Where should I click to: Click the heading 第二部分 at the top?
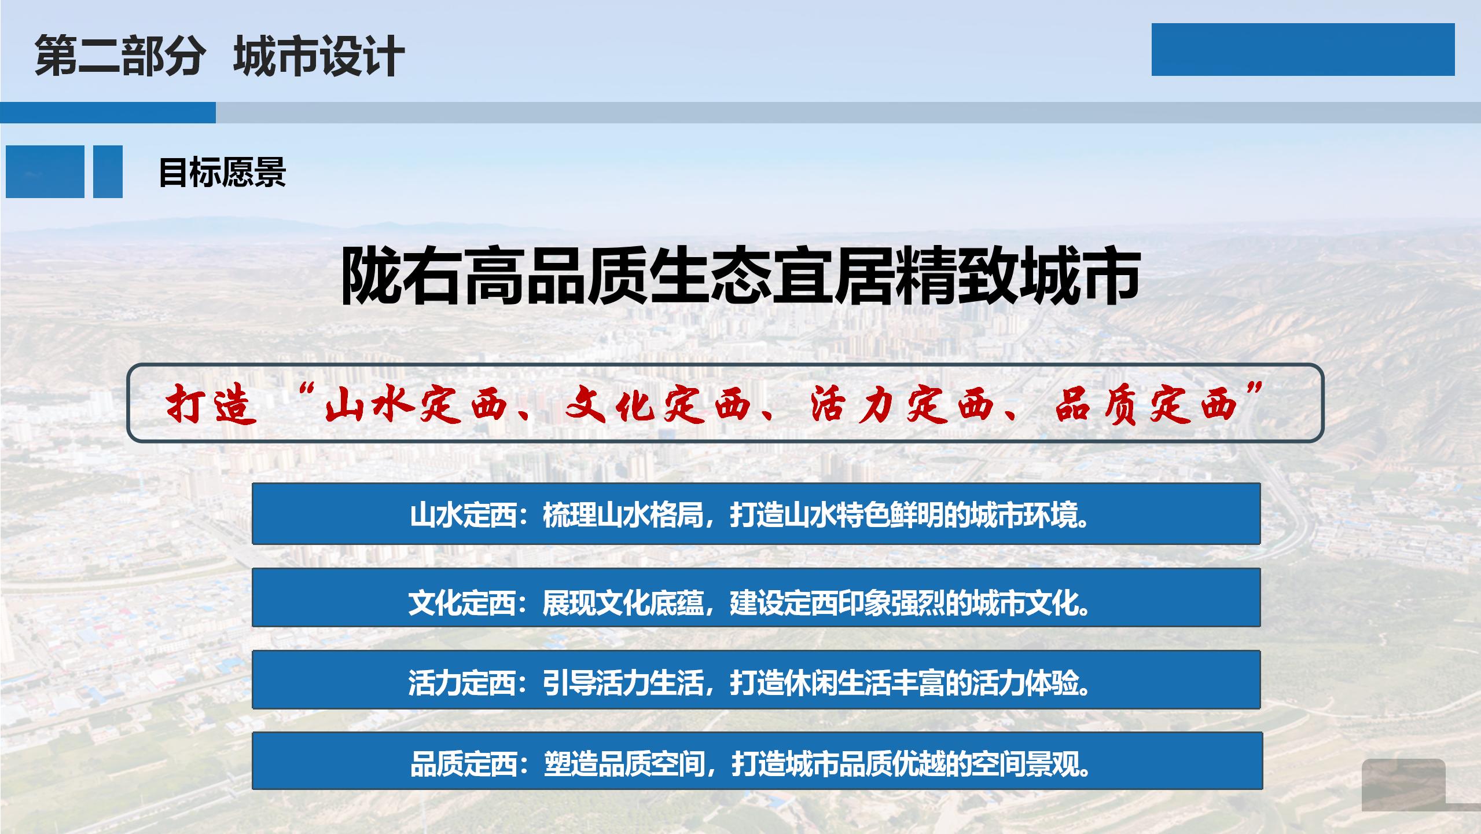[x=120, y=56]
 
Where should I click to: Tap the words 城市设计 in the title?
[x=319, y=56]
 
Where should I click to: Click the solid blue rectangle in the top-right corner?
[x=1303, y=49]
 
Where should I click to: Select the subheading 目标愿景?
[x=222, y=172]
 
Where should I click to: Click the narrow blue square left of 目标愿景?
[x=108, y=171]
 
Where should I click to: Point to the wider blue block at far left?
[x=45, y=171]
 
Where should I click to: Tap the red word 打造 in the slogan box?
[x=211, y=404]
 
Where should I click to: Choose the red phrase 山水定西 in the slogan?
[x=423, y=404]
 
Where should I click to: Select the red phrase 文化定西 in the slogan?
[x=666, y=404]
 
